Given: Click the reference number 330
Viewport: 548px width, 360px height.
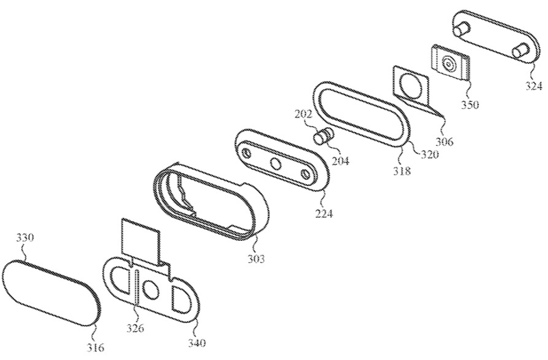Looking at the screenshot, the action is coord(25,237).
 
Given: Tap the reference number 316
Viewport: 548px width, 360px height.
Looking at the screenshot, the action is coord(95,347).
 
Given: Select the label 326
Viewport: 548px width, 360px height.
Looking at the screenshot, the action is coord(135,328).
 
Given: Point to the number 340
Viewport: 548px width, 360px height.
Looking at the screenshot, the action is coord(197,343).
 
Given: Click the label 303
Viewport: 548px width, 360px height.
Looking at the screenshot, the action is coord(256,259).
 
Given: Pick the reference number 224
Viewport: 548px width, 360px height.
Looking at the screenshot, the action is coord(324,213).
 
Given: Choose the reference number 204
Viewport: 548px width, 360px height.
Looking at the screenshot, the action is coord(340,161).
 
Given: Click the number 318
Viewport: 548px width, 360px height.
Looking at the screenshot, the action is coord(402,170).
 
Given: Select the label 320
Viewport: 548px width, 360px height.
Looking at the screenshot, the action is coord(429,154).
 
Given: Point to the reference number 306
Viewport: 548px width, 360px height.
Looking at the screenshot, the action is coord(444,142).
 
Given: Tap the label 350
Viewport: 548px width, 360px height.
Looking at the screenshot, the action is coord(470,104).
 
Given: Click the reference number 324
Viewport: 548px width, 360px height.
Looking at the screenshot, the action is coord(534,85).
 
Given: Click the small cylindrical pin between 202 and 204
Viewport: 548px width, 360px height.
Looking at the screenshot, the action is coord(323,136).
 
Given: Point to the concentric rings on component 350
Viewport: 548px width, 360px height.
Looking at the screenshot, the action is coord(448,64).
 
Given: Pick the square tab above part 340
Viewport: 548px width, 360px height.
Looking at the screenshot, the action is coord(141,241).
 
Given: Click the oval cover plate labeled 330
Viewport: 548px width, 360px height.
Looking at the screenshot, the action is coord(51,292).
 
